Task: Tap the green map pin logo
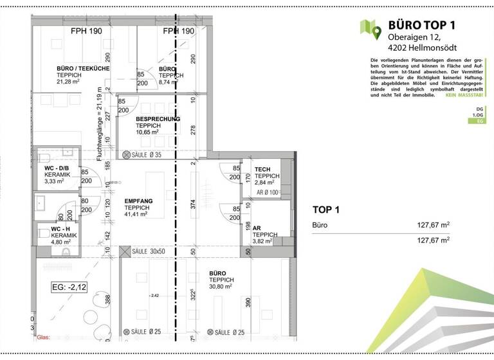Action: [370, 28]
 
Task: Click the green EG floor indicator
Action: [478, 121]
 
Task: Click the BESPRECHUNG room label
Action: [158, 119]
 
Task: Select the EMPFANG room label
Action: [138, 201]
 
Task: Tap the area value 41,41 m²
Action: [138, 215]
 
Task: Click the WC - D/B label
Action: [57, 168]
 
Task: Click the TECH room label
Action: [262, 169]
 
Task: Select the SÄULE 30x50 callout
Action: [149, 251]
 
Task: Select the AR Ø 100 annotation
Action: [267, 192]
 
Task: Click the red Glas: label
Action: [43, 336]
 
